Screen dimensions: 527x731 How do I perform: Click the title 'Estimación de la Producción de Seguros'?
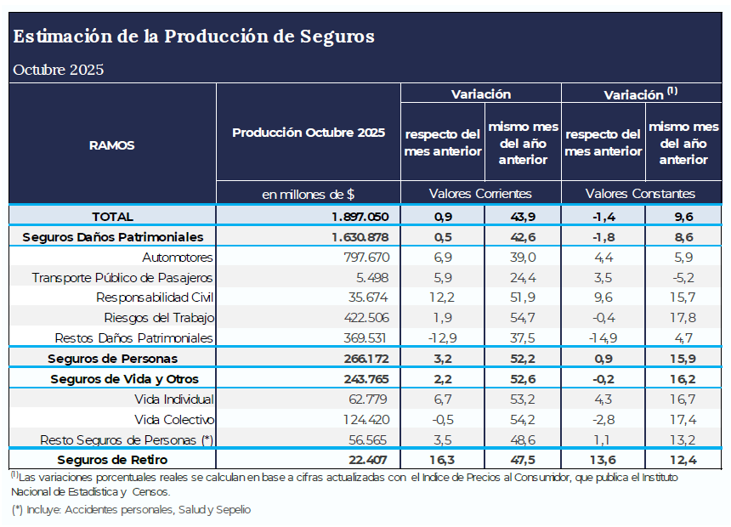[x=194, y=37]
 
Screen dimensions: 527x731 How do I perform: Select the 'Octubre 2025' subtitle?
[x=58, y=70]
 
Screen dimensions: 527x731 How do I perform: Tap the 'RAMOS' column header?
[x=111, y=145]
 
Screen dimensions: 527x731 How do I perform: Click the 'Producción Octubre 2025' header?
[x=309, y=133]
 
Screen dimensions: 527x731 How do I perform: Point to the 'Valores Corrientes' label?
[x=480, y=194]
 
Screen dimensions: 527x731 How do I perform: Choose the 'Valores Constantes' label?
[x=640, y=194]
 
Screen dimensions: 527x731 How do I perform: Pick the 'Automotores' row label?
[x=178, y=257]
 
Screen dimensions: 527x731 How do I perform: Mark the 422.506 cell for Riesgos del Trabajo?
[x=365, y=318]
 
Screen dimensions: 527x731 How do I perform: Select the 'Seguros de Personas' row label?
[x=112, y=359]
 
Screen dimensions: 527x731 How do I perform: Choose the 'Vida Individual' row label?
[x=174, y=399]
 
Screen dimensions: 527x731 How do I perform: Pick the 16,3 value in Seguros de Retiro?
[x=441, y=461]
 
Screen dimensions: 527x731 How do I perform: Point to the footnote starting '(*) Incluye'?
[x=132, y=510]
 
